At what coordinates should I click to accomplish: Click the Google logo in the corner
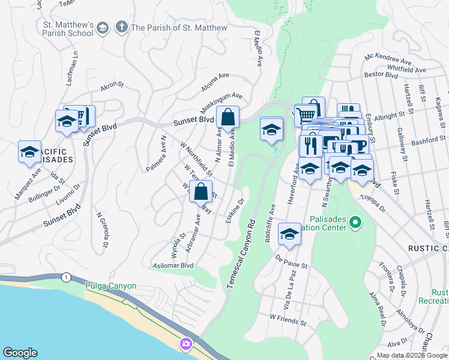20,353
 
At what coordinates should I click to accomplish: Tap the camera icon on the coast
185,344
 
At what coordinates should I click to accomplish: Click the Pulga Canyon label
111,286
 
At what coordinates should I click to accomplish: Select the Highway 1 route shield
67,277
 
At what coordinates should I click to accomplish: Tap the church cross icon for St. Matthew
122,27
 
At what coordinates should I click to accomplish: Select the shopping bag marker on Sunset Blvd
228,117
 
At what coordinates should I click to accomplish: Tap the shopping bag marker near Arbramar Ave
201,191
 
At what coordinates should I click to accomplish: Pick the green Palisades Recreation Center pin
355,223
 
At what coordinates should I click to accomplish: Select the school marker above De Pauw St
289,234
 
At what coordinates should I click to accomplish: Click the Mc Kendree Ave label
388,61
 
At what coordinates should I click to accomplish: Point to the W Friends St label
288,321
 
